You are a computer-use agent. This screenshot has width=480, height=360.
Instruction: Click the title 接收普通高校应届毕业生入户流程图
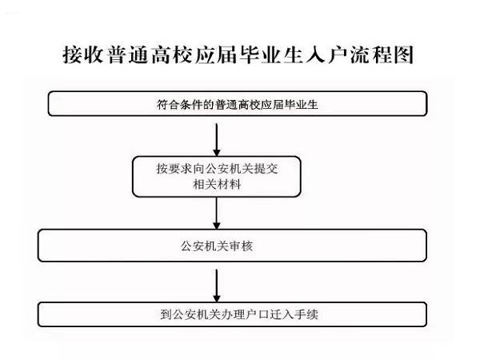pyautogui.click(x=238, y=54)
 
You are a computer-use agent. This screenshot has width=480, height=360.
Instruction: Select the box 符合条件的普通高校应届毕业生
pyautogui.click(x=238, y=103)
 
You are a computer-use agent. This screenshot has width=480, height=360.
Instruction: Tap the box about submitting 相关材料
pyautogui.click(x=217, y=177)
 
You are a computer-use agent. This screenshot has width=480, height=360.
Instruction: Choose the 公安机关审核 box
pyautogui.click(x=232, y=246)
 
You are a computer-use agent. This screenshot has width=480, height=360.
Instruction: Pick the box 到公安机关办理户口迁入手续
pyautogui.click(x=232, y=314)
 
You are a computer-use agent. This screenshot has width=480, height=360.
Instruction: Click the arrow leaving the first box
pyautogui.click(x=217, y=140)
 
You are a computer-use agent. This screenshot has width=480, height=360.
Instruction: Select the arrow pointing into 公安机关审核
pyautogui.click(x=217, y=213)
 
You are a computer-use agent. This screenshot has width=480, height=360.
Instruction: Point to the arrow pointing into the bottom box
pyautogui.click(x=217, y=286)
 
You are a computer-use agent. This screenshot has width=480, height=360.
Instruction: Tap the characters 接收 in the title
pyautogui.click(x=83, y=54)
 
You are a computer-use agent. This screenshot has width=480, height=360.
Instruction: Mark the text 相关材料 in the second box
pyautogui.click(x=217, y=185)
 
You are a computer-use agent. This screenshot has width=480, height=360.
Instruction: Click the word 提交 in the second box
pyautogui.click(x=266, y=169)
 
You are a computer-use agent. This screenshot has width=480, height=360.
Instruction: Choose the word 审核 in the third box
pyautogui.click(x=241, y=246)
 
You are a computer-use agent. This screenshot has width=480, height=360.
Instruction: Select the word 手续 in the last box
pyautogui.click(x=306, y=314)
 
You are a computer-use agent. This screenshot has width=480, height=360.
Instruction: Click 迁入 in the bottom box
pyautogui.click(x=282, y=314)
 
